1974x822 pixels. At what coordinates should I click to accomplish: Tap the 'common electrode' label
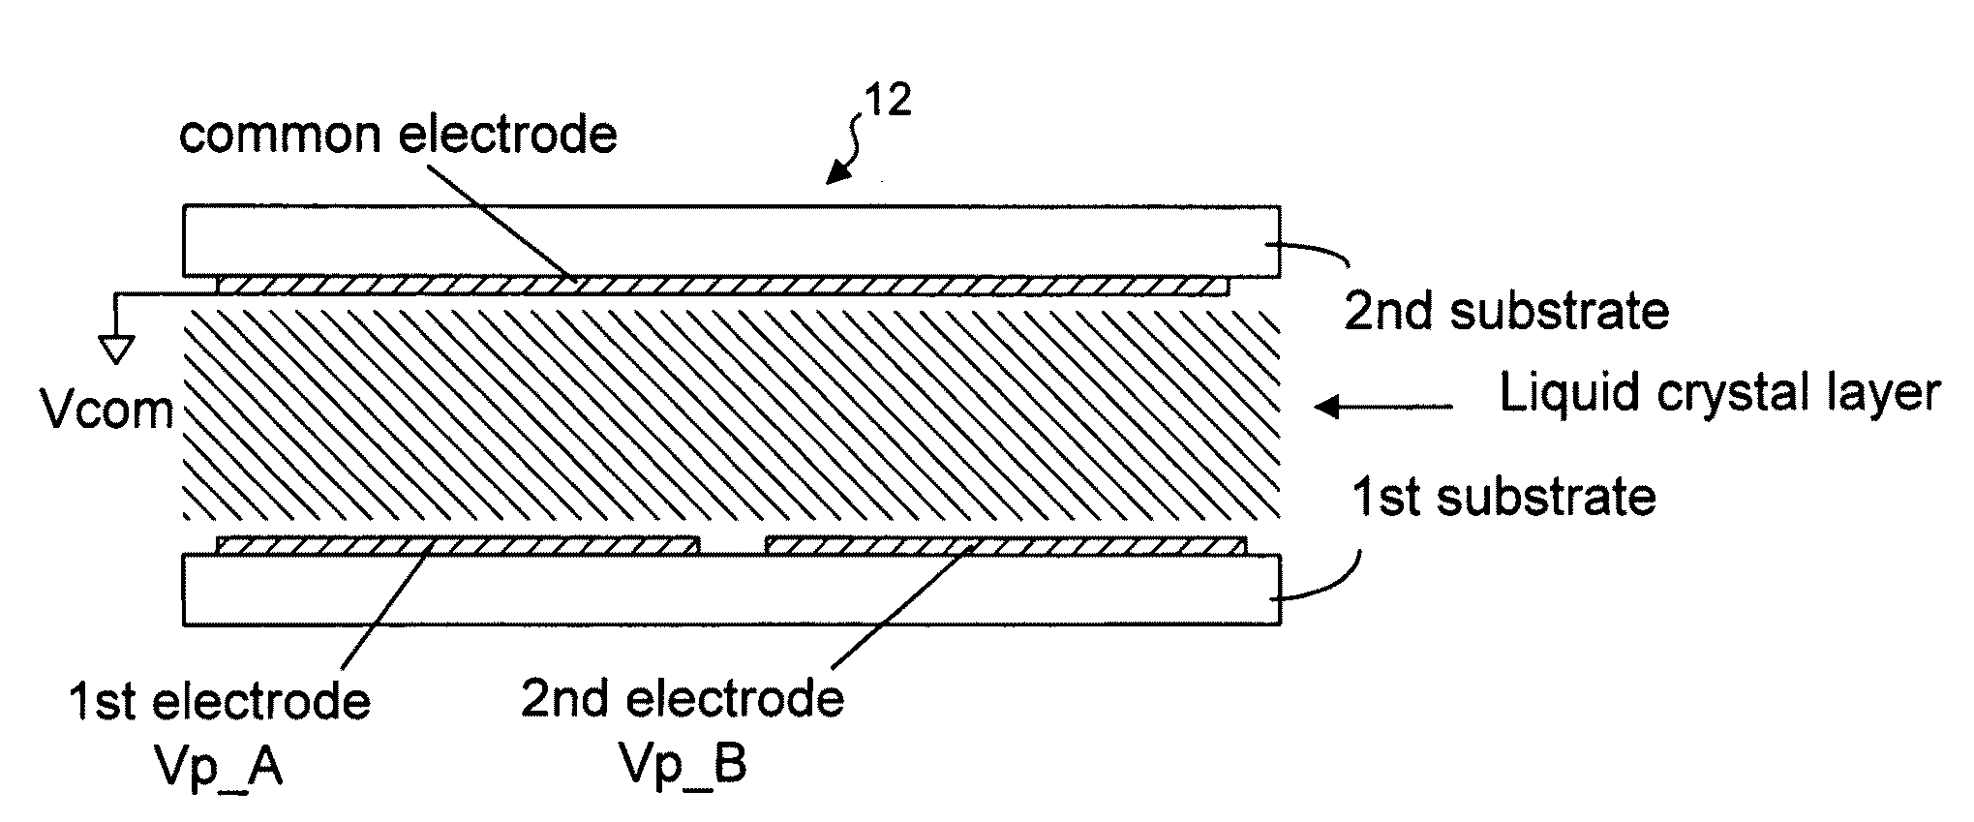398,135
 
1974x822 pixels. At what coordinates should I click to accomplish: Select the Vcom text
107,411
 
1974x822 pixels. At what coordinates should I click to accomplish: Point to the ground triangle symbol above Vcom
117,350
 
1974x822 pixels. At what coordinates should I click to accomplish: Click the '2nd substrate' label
1506,312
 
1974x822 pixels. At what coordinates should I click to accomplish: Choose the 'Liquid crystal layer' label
1719,394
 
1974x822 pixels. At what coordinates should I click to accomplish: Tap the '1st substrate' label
1503,497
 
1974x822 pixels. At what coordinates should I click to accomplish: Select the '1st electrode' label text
220,701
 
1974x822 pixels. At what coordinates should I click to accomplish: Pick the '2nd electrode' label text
683,698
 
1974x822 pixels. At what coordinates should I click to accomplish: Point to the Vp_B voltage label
683,765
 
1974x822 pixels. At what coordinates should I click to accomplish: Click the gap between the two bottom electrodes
732,547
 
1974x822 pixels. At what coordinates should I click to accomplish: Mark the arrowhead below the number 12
834,175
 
